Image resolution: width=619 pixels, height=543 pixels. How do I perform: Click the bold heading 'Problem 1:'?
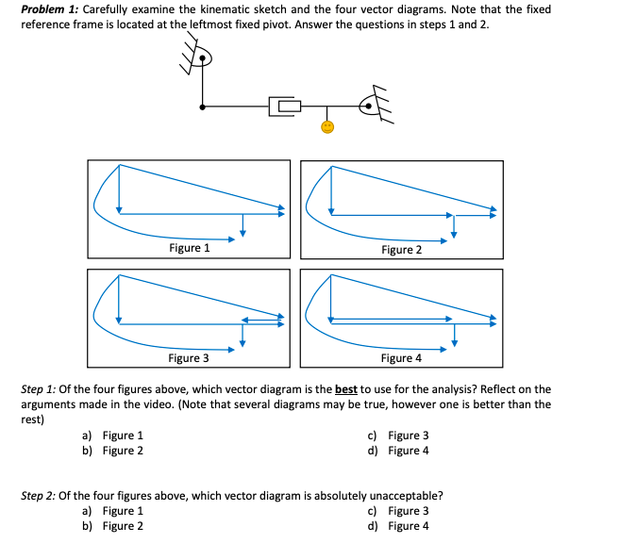pos(52,9)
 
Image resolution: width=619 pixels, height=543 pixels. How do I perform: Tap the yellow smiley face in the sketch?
pos(326,126)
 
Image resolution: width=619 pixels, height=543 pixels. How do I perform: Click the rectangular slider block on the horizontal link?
pos(286,106)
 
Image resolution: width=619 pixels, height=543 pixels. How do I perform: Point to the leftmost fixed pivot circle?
pos(200,58)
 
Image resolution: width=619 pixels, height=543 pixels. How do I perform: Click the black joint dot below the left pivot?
pos(200,107)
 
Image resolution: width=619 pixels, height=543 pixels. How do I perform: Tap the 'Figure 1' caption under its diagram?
pos(189,248)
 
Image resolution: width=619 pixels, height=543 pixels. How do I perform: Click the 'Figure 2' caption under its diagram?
pos(401,250)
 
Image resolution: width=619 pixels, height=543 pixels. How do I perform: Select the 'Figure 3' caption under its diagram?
pos(189,358)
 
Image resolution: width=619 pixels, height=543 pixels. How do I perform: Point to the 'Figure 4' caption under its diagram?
pos(401,358)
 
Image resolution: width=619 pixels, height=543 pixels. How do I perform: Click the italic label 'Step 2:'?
pos(39,494)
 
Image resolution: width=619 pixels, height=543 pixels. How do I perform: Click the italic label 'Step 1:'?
pos(39,389)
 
